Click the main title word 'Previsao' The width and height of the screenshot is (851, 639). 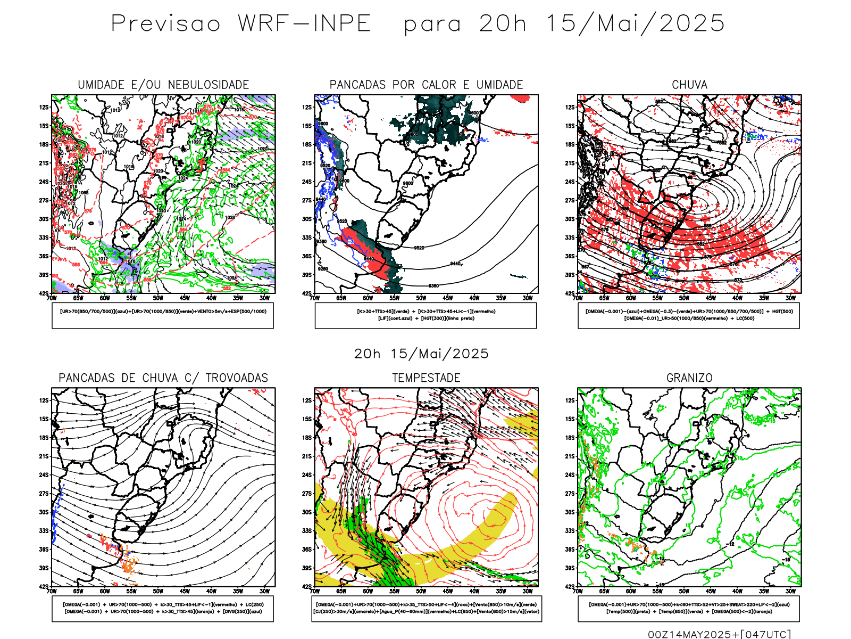click(x=165, y=23)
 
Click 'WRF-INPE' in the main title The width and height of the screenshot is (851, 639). click(x=304, y=23)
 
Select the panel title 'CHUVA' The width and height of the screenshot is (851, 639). click(x=689, y=85)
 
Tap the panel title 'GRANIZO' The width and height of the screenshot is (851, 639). click(x=689, y=378)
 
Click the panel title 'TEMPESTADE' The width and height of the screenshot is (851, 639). click(x=426, y=378)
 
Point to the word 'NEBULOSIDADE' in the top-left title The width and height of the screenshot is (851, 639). click(x=208, y=85)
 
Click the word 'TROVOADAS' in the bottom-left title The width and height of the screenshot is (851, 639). click(x=237, y=378)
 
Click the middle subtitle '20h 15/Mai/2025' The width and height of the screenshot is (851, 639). click(x=421, y=354)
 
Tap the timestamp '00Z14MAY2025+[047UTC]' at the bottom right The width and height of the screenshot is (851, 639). click(x=719, y=634)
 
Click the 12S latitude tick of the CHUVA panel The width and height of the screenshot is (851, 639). click(x=570, y=107)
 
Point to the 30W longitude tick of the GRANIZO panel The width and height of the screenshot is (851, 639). click(x=791, y=591)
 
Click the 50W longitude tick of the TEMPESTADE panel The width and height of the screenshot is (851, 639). click(x=421, y=591)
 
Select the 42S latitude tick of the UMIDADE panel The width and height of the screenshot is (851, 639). click(x=44, y=293)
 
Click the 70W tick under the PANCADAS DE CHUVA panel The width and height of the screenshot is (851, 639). click(x=52, y=591)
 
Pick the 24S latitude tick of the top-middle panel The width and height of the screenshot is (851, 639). click(x=307, y=182)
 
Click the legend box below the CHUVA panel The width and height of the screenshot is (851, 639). click(x=689, y=315)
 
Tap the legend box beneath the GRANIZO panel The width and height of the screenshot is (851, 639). click(x=689, y=608)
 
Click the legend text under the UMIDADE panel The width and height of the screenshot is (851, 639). click(x=163, y=312)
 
